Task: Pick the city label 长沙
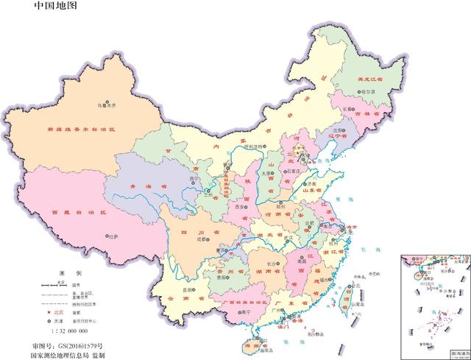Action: pos(269,263)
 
